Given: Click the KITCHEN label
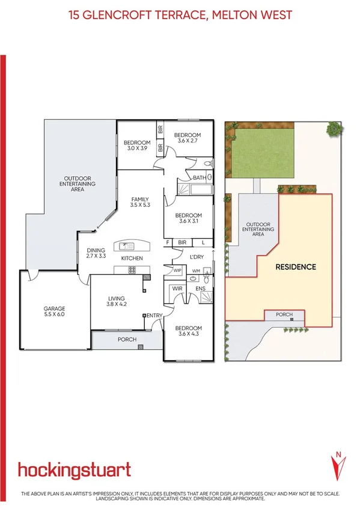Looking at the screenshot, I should [132, 258].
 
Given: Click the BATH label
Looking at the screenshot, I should [199, 177].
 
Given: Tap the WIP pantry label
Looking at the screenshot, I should [177, 271].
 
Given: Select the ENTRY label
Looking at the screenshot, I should [154, 316].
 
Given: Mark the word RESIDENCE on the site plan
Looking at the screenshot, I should [296, 266].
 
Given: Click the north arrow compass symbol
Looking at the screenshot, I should [338, 465].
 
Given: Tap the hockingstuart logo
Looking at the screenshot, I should [74, 470].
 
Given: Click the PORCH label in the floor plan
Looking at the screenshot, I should [127, 340].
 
